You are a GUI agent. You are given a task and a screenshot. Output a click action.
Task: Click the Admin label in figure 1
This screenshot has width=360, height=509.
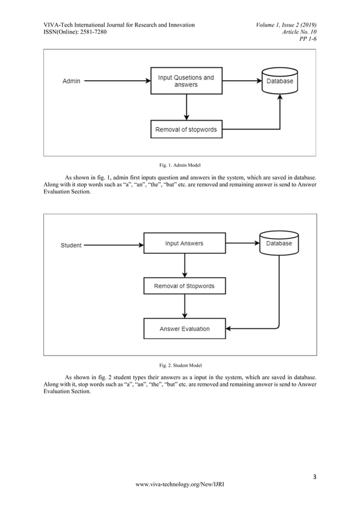(71, 81)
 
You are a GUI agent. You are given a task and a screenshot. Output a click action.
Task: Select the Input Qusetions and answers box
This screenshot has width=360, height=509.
(186, 81)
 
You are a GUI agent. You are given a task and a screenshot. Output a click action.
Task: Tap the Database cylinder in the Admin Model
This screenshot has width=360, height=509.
(280, 81)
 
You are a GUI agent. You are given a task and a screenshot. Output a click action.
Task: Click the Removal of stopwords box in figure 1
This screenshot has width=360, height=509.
(186, 129)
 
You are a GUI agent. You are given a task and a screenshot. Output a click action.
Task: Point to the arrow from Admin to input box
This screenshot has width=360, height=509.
(116, 81)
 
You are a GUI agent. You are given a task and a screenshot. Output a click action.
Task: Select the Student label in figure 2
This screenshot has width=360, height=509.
(71, 245)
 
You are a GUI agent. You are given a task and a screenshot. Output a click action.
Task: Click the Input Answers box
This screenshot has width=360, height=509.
(184, 244)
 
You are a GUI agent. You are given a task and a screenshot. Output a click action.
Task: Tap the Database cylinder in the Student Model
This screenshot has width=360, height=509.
(279, 243)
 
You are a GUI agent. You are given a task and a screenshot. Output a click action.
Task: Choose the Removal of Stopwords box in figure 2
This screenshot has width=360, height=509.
(184, 286)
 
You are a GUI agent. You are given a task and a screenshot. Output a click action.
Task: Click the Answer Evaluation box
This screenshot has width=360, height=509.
(184, 328)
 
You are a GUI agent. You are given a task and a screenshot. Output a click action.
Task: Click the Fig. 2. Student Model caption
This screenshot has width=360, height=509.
(179, 365)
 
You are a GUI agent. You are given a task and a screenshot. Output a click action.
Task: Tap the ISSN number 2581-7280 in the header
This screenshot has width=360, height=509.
(89, 32)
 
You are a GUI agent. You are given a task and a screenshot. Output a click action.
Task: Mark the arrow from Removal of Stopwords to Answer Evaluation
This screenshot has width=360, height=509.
(185, 307)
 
